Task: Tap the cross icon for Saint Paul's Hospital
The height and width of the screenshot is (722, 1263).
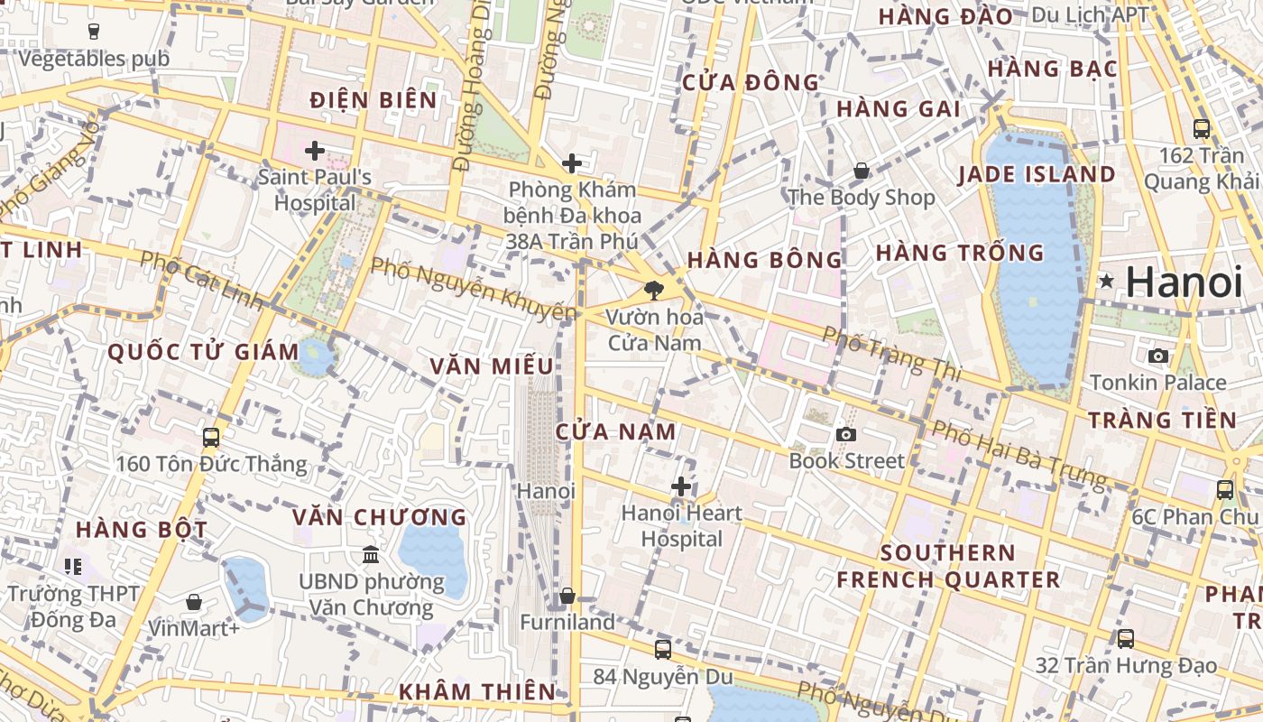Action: pos(315,151)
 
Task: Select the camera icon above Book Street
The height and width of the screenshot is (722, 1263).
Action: pos(845,435)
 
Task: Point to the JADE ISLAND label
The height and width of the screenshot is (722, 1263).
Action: pos(1037,174)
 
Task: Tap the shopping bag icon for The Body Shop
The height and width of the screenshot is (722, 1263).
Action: pos(862,171)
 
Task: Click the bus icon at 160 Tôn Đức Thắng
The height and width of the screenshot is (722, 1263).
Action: pos(211,438)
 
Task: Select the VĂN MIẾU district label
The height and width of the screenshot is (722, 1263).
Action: pos(492,366)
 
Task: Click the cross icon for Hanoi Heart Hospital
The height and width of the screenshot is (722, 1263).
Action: pos(681,487)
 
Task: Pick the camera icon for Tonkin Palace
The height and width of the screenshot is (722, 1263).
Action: pos(1158,356)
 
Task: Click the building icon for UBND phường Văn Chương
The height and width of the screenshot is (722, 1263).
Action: pos(371,554)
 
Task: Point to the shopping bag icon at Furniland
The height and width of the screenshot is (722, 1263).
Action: pos(567,597)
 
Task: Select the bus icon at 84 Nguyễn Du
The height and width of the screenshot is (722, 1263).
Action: pos(663,649)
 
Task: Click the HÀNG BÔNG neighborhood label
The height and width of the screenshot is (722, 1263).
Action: pos(764,260)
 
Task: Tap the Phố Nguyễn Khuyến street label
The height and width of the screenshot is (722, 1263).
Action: pos(474,289)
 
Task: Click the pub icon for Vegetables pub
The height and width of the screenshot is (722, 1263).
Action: pos(94,32)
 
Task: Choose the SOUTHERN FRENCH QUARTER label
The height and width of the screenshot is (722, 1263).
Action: pos(948,566)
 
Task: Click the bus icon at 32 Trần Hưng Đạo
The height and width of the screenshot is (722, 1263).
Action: pos(1126,639)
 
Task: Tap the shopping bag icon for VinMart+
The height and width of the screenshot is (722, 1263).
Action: pos(194,602)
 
